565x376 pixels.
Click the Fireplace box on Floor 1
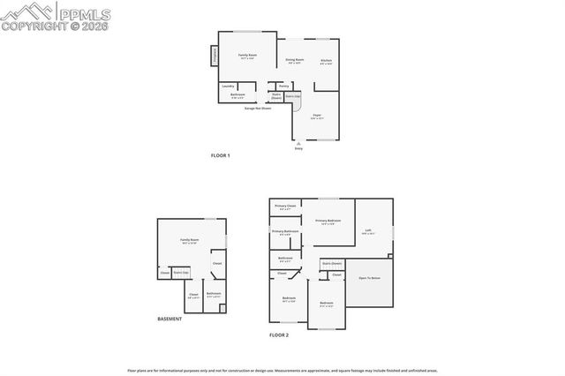point(214,56)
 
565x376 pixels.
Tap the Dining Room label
point(294,60)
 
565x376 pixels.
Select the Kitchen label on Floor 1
point(326,61)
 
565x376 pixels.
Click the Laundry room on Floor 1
point(228,86)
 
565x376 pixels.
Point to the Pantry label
point(284,86)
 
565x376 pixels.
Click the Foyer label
point(316,115)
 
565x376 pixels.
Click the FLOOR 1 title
point(220,156)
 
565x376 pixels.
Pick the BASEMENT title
point(169,319)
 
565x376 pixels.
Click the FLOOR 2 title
point(279,335)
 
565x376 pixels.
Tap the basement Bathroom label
point(214,295)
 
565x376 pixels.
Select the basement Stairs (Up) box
point(180,274)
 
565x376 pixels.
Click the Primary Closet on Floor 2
point(284,207)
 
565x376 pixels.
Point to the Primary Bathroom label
point(284,232)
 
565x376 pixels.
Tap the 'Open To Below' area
point(369,278)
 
